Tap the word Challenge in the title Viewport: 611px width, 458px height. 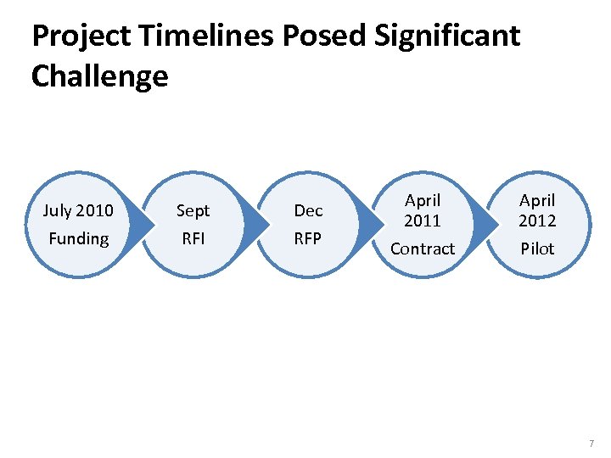(99, 77)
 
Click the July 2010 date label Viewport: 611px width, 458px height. (78, 210)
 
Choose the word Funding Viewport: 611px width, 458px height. (78, 238)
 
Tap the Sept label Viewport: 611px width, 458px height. (193, 210)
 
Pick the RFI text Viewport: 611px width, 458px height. (193, 238)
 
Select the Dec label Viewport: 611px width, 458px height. (308, 210)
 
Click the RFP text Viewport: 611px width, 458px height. (308, 238)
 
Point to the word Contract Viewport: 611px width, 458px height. (423, 249)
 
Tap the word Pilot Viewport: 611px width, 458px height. (537, 249)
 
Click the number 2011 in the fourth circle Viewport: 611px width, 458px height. (423, 221)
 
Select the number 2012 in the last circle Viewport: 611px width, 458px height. (537, 221)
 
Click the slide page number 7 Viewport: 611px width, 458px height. (591, 444)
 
